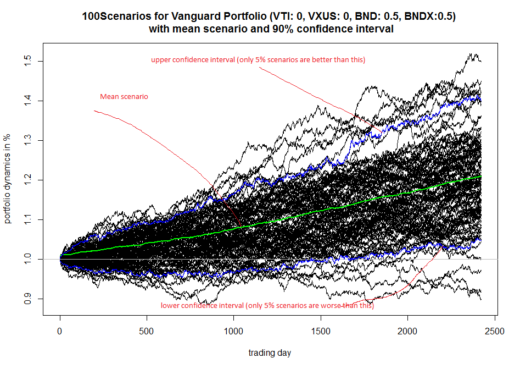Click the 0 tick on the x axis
pos(60,332)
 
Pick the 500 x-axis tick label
pos(147,332)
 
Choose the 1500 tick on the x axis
pos(321,332)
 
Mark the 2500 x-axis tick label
pos(495,332)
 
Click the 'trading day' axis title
pos(270,353)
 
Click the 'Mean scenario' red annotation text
pos(124,97)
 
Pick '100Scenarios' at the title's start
pos(110,17)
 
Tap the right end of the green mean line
pos(481,177)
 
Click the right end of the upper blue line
pos(481,97)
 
